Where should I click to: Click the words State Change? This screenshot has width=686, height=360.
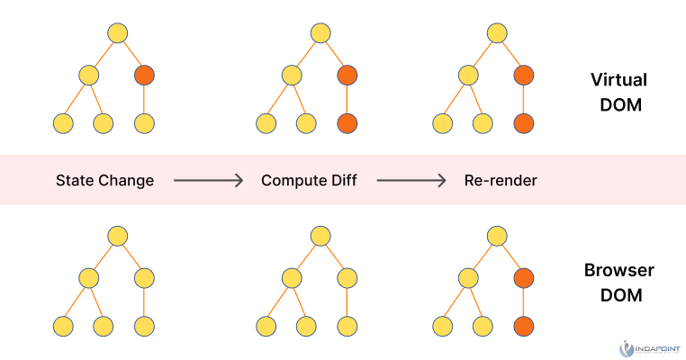click(104, 181)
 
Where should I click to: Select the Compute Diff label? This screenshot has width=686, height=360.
click(309, 181)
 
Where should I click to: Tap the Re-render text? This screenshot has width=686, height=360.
click(501, 181)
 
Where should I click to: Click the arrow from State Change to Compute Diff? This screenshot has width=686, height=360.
click(208, 181)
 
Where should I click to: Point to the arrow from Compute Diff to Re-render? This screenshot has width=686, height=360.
click(411, 181)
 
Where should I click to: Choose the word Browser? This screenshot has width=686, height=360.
click(618, 270)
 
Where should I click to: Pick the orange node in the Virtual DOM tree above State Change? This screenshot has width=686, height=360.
click(144, 76)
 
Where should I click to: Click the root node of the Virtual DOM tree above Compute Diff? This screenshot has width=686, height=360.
click(321, 33)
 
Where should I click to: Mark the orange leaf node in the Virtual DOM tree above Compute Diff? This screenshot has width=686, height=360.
click(348, 122)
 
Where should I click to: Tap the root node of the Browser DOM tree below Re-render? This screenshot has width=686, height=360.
click(497, 236)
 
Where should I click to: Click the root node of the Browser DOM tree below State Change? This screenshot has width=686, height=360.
click(117, 236)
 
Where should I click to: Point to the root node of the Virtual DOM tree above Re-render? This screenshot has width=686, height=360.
click(497, 33)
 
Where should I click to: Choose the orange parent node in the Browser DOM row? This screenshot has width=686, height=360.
click(524, 278)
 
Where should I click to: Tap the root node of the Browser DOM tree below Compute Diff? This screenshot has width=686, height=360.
click(321, 236)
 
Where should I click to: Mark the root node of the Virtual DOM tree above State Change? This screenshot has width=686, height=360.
click(117, 33)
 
